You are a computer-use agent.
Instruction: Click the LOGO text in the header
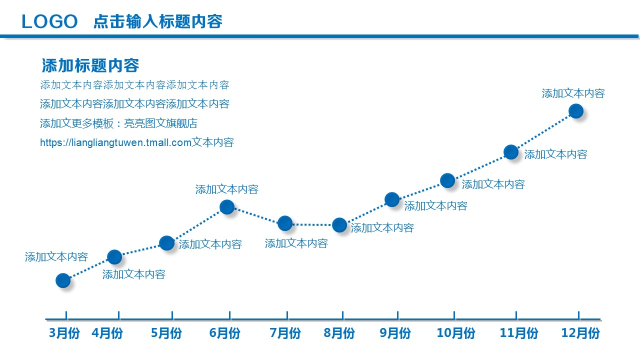coord(50,21)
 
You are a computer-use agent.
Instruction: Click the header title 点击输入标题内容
coord(158,21)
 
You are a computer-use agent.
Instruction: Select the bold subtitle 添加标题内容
coord(90,65)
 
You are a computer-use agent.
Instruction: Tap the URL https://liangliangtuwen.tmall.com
coord(116,142)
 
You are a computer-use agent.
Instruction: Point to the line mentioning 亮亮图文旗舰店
coord(118,123)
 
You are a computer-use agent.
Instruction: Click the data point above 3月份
coord(63,280)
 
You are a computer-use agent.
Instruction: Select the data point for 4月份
coord(114,257)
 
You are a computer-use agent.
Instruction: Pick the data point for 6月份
coord(227,206)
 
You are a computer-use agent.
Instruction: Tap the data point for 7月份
coord(285,223)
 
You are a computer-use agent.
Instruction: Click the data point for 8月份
coord(339,225)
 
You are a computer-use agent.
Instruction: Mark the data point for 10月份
coord(447,180)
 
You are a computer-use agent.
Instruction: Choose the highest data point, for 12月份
coord(576,111)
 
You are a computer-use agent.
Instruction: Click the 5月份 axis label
coord(166,333)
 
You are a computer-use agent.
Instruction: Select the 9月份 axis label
coord(395,333)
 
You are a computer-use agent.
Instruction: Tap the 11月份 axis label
coord(519,333)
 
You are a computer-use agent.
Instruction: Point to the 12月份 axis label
coord(580,333)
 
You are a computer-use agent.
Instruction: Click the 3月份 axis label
coord(64,333)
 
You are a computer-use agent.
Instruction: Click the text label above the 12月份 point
coord(573,93)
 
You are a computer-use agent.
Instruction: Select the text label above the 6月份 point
coord(226,189)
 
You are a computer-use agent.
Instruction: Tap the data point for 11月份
coord(511,152)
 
